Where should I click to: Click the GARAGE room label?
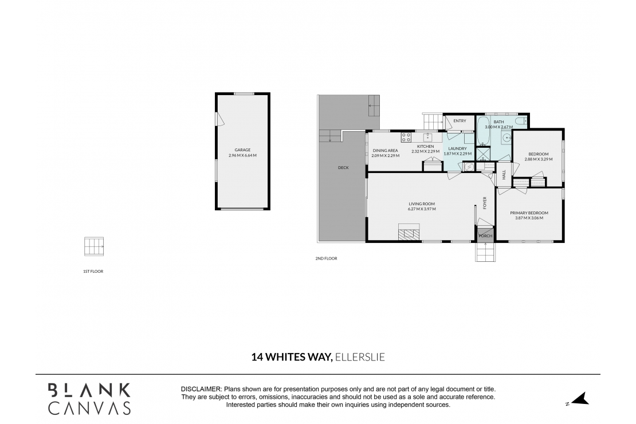coord(242,150)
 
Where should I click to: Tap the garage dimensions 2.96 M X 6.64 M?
coord(242,156)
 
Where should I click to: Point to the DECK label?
coord(343,167)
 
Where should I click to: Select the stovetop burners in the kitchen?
coord(406,138)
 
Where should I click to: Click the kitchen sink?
coord(427,138)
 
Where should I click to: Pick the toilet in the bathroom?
coord(520,122)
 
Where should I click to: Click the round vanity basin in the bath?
coord(507,138)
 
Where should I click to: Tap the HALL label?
coord(504,175)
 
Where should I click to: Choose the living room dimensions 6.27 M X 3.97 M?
coord(422,209)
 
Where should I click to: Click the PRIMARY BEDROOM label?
coord(529,213)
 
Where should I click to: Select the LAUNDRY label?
coord(458,148)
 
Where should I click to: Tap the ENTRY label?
coord(460,121)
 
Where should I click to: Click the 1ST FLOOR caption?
coord(93,271)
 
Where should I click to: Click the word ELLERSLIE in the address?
coord(360,357)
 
